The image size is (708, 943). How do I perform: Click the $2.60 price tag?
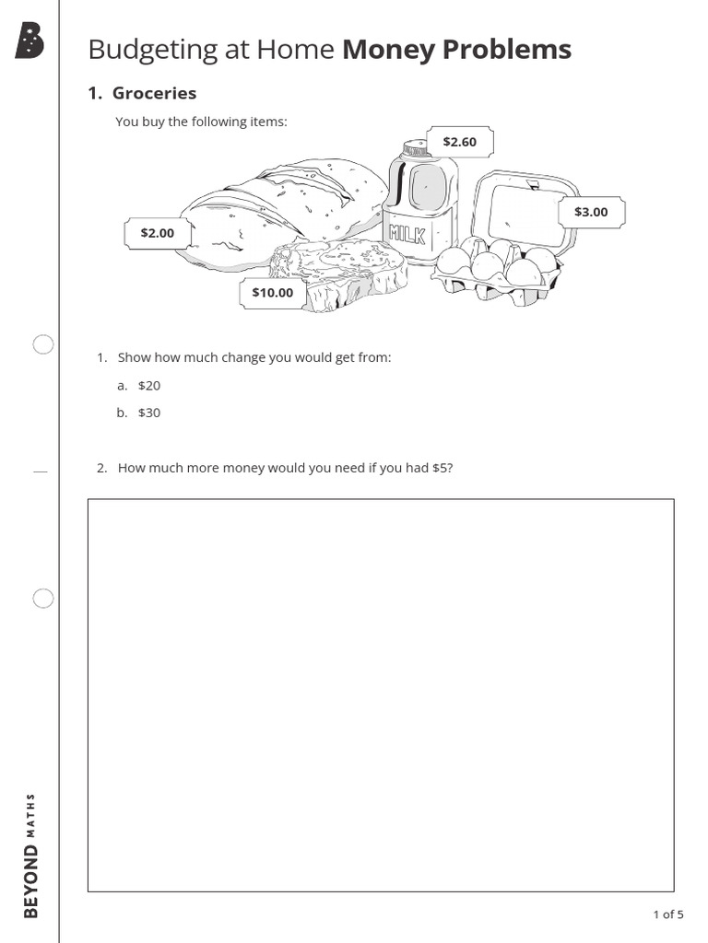click(459, 142)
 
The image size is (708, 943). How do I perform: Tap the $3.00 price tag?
click(591, 212)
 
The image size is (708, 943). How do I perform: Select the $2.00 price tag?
click(157, 233)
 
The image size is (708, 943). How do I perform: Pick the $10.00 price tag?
click(272, 293)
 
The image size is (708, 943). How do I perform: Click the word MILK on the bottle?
click(407, 233)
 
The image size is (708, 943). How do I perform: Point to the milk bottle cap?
click(414, 148)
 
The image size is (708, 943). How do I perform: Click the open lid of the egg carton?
click(521, 207)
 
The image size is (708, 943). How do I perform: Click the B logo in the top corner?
click(29, 42)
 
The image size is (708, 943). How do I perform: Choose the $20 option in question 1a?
click(149, 386)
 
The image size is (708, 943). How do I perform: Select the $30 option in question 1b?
click(149, 413)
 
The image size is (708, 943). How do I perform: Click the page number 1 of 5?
click(667, 914)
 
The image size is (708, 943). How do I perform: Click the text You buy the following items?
click(201, 122)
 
